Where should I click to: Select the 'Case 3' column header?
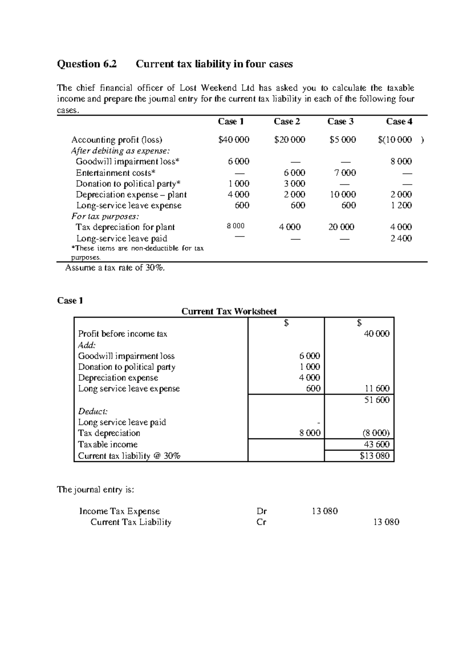[340, 121]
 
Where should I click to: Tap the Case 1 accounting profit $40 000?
[234, 139]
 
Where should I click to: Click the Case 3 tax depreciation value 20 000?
[341, 227]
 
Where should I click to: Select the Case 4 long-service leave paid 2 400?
[401, 238]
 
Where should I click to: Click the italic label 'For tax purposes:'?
[105, 216]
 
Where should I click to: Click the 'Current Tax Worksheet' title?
[229, 312]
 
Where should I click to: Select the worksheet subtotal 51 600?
[377, 400]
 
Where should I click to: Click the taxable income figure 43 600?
[377, 444]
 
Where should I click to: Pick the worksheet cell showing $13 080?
[374, 456]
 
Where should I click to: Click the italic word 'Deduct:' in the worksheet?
[93, 411]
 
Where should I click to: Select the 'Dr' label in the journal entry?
[261, 511]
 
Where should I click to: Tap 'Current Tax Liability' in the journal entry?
[131, 522]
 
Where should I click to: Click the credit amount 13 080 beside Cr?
[386, 522]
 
